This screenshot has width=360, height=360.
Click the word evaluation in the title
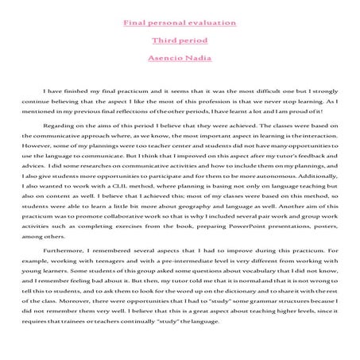[x=209, y=21]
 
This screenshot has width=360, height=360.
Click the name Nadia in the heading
[x=196, y=57]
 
